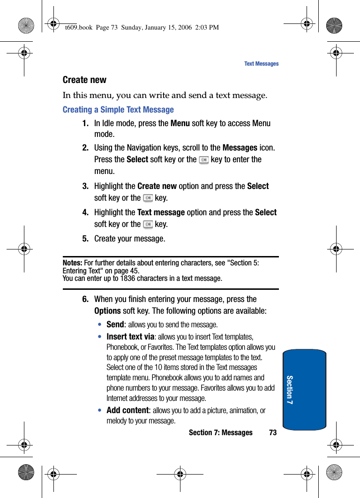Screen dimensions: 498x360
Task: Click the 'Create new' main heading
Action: click(x=84, y=80)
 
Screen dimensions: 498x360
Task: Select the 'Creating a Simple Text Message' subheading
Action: click(x=118, y=110)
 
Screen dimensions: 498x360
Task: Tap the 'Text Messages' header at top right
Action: click(x=261, y=64)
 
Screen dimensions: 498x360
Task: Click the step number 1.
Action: click(x=85, y=123)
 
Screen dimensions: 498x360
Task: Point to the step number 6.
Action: click(x=85, y=299)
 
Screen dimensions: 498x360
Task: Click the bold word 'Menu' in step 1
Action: click(x=180, y=123)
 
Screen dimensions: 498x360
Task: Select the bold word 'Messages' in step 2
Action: click(x=240, y=148)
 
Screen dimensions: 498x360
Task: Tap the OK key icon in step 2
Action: click(x=204, y=160)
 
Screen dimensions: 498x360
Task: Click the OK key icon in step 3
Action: click(x=148, y=198)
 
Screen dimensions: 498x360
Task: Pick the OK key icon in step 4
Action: click(x=148, y=225)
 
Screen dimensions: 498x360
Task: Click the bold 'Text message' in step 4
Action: click(x=161, y=212)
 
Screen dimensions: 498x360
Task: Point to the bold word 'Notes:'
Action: click(x=72, y=263)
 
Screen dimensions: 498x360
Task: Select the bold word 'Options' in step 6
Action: click(x=107, y=311)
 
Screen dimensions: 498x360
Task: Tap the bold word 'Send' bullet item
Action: click(x=115, y=324)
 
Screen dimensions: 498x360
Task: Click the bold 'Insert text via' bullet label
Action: click(x=130, y=337)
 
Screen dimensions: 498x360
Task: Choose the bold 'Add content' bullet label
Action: click(x=127, y=410)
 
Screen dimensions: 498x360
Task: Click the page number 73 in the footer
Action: click(x=273, y=433)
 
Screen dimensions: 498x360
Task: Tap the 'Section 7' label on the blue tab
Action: click(x=290, y=390)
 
